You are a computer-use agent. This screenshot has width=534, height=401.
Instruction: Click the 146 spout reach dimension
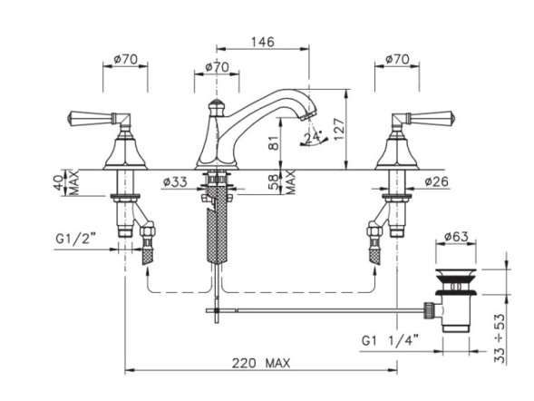263,42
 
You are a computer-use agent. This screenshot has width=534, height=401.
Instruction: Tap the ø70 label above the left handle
124,60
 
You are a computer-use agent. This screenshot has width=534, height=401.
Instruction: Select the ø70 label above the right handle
395,60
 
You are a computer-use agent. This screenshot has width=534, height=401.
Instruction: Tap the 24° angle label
314,138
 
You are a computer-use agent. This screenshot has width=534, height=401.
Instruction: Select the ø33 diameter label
175,181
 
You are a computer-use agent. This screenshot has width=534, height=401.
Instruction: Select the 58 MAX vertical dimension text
291,181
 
